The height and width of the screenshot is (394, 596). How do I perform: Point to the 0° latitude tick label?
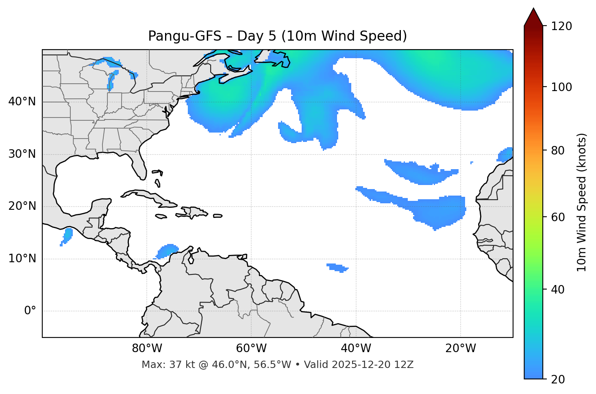coord(30,311)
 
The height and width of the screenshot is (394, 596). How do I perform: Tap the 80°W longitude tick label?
coord(147,348)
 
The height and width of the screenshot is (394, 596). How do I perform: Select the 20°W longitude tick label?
coord(461,348)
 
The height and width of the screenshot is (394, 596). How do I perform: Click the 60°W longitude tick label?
coord(251,348)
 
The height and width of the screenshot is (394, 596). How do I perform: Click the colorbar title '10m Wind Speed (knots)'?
coord(582,202)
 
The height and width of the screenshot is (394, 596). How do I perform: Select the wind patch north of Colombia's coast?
coord(167,250)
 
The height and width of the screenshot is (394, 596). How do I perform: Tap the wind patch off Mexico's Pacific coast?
coord(67,235)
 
